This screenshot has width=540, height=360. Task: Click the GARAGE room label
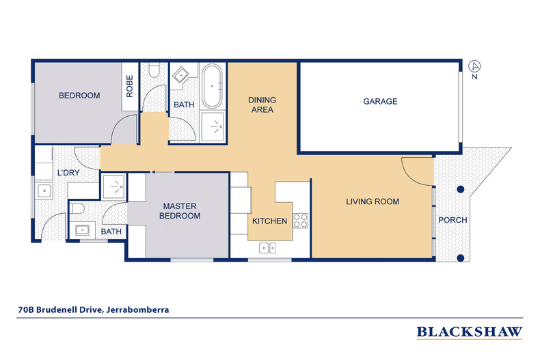(380, 101)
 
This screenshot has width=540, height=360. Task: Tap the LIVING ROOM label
(373, 202)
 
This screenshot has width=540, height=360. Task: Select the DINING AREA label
(262, 105)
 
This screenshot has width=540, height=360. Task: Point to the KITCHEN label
(269, 221)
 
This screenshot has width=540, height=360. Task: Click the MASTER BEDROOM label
(180, 211)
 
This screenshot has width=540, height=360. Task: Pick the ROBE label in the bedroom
(129, 86)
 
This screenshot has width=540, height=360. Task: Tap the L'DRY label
(68, 173)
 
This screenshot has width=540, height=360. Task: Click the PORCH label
(453, 220)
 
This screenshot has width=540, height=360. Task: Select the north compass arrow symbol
(474, 66)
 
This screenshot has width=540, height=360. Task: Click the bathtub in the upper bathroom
(212, 86)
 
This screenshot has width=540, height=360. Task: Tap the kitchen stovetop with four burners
(300, 221)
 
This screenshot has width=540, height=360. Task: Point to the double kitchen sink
(267, 248)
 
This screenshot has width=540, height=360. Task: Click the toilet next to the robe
(154, 70)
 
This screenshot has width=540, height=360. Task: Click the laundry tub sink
(44, 191)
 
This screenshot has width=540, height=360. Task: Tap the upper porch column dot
(461, 189)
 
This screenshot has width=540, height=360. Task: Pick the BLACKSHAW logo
(470, 332)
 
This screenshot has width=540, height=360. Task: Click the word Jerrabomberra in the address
(138, 309)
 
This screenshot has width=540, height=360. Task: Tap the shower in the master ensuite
(114, 187)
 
